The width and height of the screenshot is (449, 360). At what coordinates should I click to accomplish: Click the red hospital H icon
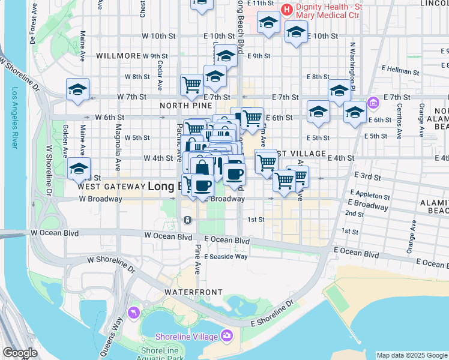287,10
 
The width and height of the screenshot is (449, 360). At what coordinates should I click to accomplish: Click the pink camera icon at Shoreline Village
227,335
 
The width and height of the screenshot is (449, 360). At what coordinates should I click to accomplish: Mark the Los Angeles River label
16,117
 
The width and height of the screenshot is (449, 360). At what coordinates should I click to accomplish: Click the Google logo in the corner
20,353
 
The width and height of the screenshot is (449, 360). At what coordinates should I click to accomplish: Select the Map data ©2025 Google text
412,355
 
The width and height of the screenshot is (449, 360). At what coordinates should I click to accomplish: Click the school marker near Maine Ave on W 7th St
78,90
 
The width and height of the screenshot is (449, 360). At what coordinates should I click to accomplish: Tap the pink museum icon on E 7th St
373,103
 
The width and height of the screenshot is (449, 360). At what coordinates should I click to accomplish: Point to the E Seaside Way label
226,256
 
